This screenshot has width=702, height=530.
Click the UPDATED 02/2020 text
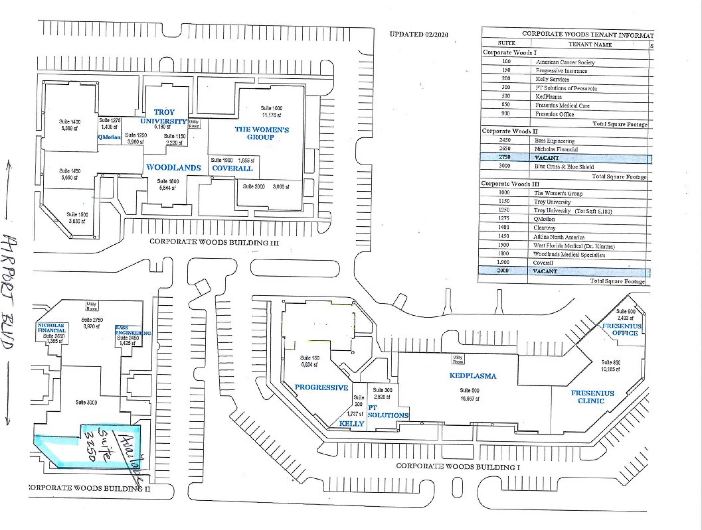(x=419, y=34)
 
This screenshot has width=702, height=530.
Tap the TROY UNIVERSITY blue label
(x=164, y=117)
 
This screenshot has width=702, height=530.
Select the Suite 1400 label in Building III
(x=70, y=125)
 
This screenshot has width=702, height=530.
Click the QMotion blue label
(x=109, y=137)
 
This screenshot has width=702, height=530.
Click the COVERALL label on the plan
(x=232, y=168)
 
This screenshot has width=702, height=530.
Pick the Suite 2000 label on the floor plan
(x=254, y=186)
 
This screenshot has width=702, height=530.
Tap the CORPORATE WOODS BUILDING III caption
(x=214, y=242)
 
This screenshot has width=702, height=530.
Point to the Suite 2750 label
(x=92, y=323)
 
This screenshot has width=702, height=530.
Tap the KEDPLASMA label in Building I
(x=473, y=376)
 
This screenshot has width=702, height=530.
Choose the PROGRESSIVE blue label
(x=321, y=387)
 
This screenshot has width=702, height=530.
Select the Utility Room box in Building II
(x=92, y=306)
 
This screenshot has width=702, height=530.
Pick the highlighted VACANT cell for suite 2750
(x=547, y=157)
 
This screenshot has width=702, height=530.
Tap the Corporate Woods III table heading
(x=510, y=184)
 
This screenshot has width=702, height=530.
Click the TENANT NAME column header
(x=590, y=45)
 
